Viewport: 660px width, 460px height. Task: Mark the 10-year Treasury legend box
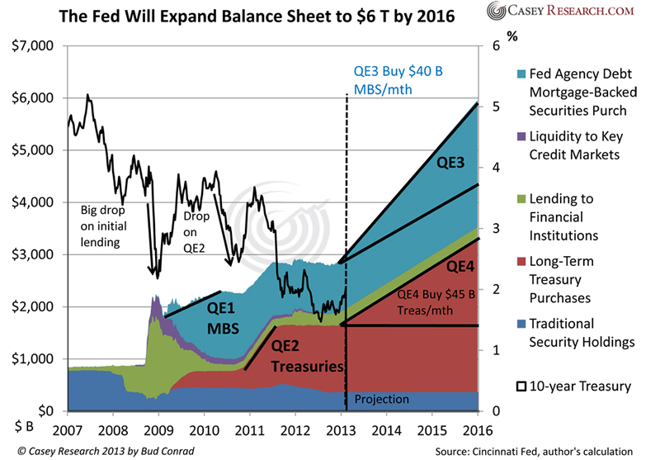point(521,386)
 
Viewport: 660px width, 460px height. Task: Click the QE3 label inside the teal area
point(451,164)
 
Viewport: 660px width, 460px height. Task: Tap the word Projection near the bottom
point(381,400)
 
